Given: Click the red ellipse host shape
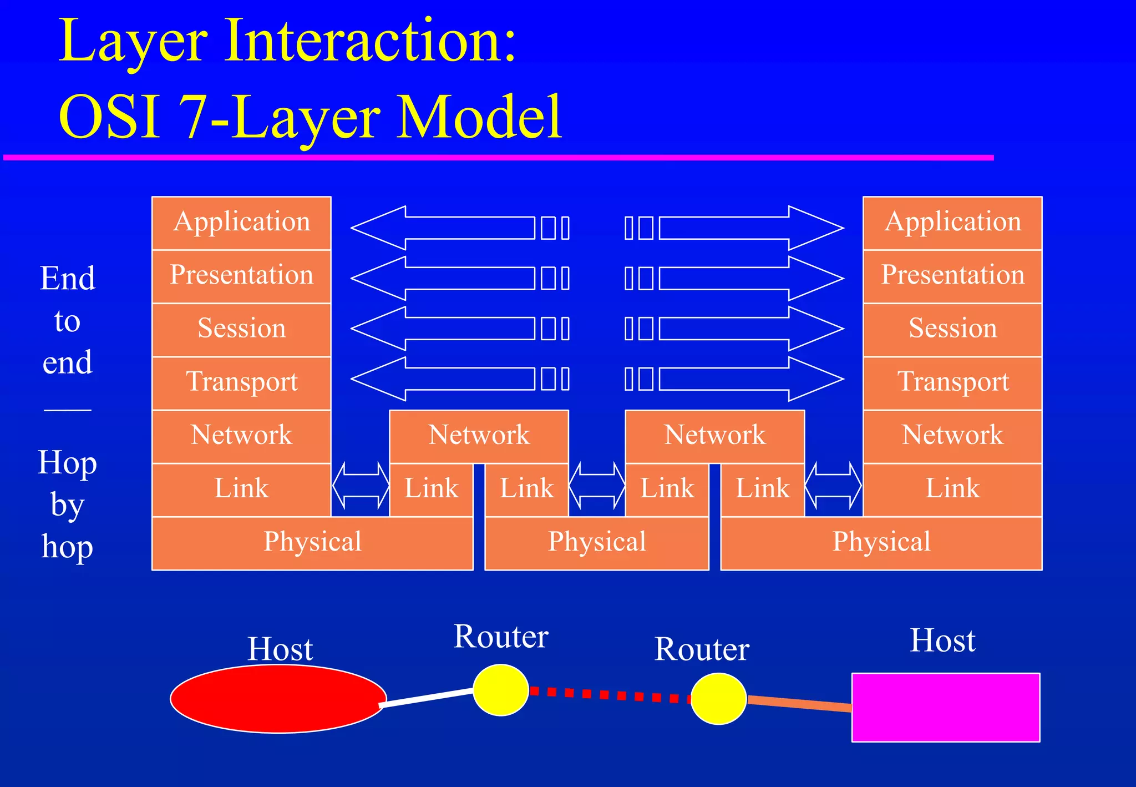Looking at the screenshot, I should click(x=277, y=699).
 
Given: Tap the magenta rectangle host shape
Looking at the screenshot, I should click(x=945, y=708).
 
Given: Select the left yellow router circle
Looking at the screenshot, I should click(x=500, y=690).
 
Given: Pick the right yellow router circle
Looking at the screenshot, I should click(x=718, y=699).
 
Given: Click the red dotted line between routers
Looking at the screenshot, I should click(x=610, y=694).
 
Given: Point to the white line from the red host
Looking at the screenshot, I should click(x=427, y=698).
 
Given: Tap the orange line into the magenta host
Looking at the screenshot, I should click(x=799, y=703).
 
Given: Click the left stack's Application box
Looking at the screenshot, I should click(x=241, y=223).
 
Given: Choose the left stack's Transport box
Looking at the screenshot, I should click(x=241, y=383).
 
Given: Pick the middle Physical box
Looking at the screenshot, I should click(x=597, y=543).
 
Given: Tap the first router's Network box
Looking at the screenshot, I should click(x=479, y=436).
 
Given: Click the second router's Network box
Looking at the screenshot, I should click(x=714, y=436).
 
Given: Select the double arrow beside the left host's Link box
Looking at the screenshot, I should click(x=361, y=485).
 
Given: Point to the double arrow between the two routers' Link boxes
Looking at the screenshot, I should click(x=597, y=485).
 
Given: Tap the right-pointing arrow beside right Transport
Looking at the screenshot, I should click(x=749, y=379).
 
